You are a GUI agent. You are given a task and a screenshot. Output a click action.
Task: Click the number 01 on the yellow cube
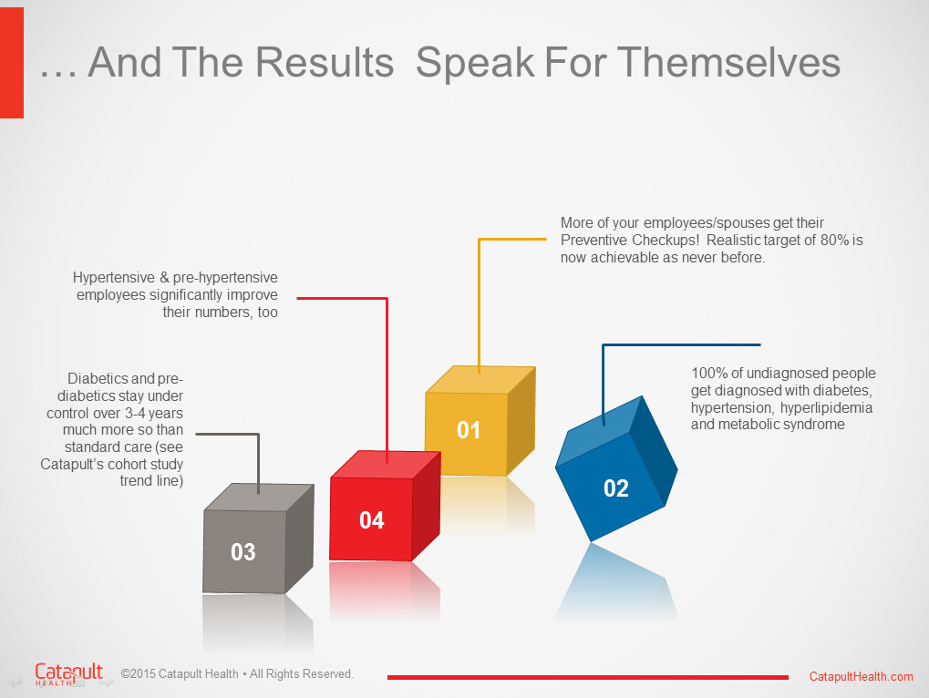468,430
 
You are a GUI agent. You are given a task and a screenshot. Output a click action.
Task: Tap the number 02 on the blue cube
615,488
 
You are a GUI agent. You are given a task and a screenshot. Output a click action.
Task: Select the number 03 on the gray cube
243,552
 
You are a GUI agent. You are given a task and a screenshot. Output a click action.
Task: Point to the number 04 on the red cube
371,520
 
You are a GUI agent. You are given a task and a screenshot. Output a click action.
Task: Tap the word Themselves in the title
728,62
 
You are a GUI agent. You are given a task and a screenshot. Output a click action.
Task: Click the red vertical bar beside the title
12,63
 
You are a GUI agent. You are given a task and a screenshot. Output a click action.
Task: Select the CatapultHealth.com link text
861,677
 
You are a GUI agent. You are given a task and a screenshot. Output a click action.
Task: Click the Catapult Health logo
68,674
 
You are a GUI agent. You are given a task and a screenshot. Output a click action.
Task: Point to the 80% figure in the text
835,241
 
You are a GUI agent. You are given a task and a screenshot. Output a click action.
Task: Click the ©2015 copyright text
237,673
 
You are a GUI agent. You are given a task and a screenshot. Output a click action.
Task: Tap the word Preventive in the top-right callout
594,241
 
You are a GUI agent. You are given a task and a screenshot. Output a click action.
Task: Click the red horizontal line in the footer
588,677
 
